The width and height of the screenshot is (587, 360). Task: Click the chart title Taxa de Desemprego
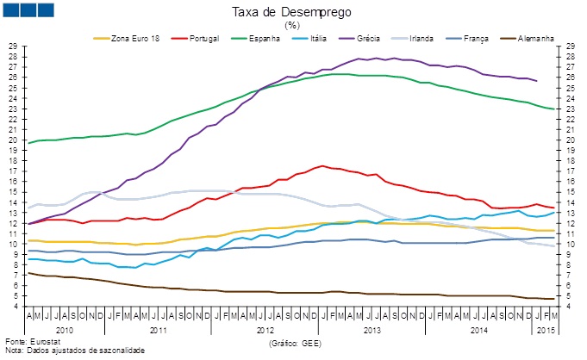click(292, 12)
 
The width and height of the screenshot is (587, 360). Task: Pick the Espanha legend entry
click(272, 39)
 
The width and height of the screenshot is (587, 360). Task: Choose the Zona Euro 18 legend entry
click(133, 39)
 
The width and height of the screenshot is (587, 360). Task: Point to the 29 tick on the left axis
click(12, 46)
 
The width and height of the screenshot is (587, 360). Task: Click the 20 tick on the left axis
click(12, 140)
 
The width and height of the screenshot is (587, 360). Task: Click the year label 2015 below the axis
click(546, 330)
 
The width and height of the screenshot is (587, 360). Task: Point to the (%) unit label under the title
click(292, 25)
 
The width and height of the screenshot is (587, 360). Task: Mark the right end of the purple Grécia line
click(537, 81)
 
